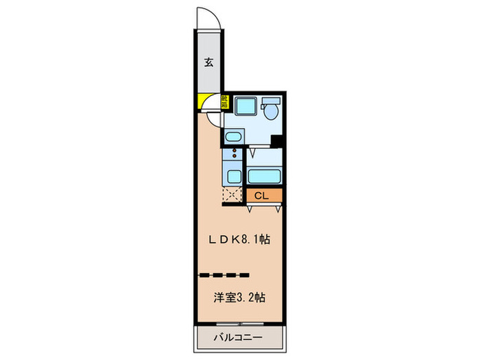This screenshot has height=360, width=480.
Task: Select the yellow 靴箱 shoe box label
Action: pos(224,102)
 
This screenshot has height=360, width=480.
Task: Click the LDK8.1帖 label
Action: pos(239,239)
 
